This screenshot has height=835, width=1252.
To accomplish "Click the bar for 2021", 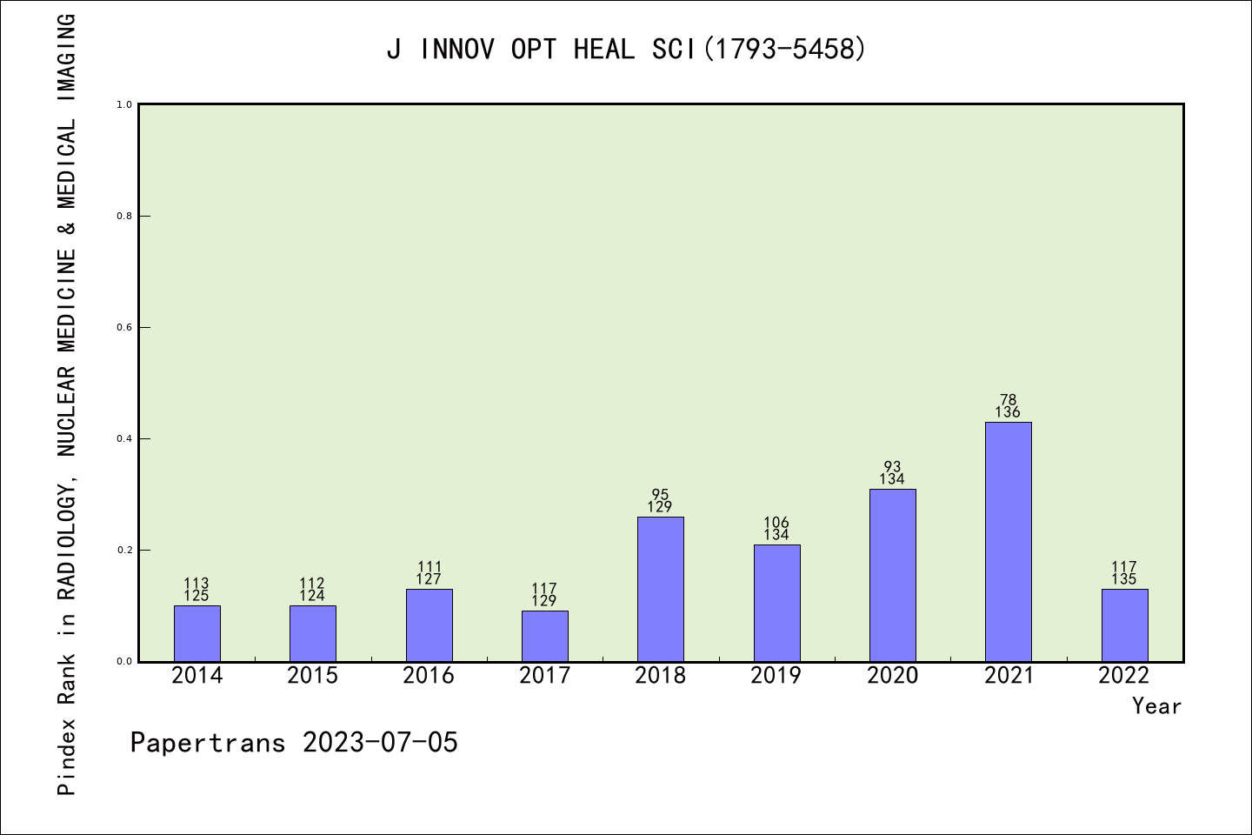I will [1008, 541].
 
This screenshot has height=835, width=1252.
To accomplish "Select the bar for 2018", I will [660, 589].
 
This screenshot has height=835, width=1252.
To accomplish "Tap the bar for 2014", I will [196, 633].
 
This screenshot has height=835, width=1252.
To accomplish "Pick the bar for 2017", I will [544, 636].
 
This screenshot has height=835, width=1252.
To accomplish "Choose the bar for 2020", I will [892, 575].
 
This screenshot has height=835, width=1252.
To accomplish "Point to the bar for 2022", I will [1124, 625].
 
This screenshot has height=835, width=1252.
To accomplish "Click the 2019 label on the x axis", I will [776, 676].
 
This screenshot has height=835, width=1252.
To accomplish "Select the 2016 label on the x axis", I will [429, 676].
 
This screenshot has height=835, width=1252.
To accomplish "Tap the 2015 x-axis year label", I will [312, 676].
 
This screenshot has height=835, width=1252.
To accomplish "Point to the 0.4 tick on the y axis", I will [124, 439].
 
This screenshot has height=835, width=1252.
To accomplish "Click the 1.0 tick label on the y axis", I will [124, 105].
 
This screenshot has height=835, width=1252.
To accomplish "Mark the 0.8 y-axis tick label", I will [124, 217].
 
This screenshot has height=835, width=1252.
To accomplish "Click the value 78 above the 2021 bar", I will [1008, 400].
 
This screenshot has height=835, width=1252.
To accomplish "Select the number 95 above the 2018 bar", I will [660, 495].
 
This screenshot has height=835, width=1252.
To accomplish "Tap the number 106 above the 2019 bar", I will [776, 523].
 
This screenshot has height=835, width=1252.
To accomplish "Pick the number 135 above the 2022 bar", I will [1124, 579].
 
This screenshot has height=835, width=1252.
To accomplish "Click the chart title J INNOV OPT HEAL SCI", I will [626, 50].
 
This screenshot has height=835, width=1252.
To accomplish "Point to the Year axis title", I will [1156, 706].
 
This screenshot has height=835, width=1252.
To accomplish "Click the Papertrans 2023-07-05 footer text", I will [294, 743].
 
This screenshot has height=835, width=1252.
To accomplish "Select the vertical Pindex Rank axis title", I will [67, 404].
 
